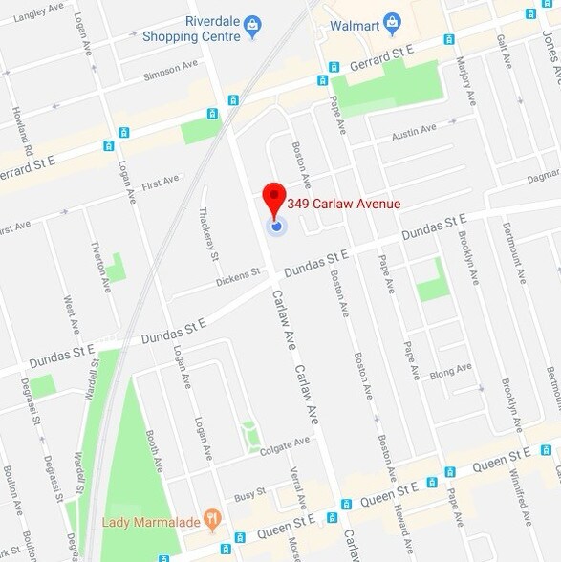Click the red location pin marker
point(274,197)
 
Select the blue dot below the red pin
point(275,227)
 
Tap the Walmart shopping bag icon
point(391,22)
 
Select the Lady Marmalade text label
point(153,523)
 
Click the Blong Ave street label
point(450,372)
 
